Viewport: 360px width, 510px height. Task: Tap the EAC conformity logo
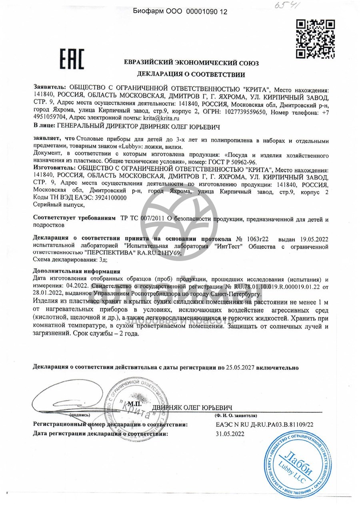click(x=72, y=60)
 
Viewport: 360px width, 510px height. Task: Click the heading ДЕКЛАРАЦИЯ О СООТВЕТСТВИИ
click(x=191, y=74)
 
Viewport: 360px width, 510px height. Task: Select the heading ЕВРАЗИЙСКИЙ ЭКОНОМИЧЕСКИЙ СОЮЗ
click(x=191, y=63)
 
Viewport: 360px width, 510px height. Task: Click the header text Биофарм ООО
click(x=158, y=12)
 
